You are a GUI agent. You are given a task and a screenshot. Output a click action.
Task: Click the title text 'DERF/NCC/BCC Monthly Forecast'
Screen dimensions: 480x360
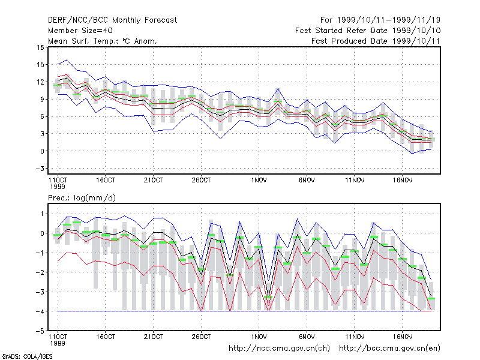coord(112,20)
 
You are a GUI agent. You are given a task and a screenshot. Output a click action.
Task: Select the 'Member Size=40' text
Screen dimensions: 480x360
coord(80,31)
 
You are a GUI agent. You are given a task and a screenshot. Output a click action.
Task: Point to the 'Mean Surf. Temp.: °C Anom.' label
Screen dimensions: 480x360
coord(103,41)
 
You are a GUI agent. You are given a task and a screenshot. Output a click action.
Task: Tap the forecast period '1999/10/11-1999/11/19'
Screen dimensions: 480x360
coord(389,20)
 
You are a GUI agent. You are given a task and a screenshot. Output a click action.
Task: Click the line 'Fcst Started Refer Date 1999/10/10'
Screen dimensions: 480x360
coord(368,31)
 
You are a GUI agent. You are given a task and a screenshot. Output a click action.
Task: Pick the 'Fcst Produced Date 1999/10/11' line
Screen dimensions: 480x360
coord(376,41)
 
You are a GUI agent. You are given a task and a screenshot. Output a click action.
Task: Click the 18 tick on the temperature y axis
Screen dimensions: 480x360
coord(40,47)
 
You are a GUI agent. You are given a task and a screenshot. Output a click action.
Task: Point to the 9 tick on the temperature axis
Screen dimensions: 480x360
coord(42,99)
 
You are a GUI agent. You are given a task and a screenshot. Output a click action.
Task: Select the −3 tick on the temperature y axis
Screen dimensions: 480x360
coord(40,169)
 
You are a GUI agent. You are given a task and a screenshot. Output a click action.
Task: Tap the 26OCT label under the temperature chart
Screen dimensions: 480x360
coord(201,180)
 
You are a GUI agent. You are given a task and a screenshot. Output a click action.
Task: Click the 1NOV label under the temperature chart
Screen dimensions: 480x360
coord(259,180)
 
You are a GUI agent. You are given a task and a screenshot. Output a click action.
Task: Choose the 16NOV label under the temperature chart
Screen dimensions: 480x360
coord(403,180)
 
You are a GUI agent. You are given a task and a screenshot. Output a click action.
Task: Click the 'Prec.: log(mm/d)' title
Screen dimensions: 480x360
coord(82,198)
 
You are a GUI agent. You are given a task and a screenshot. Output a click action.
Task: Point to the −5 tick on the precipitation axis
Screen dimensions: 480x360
coord(40,331)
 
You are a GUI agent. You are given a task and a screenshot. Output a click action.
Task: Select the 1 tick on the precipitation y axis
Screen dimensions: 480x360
coord(42,214)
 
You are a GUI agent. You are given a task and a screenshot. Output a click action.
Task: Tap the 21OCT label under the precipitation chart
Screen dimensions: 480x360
coord(154,337)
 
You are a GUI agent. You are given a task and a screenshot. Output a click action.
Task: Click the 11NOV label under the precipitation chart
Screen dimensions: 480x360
coord(355,337)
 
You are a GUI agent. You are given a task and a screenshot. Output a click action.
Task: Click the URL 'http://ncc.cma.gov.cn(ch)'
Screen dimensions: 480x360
coord(279,349)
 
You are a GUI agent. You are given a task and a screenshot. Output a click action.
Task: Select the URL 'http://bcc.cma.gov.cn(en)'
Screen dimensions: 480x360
coord(389,349)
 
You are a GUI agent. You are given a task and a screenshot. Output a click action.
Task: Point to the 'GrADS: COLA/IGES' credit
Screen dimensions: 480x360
coord(28,356)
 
